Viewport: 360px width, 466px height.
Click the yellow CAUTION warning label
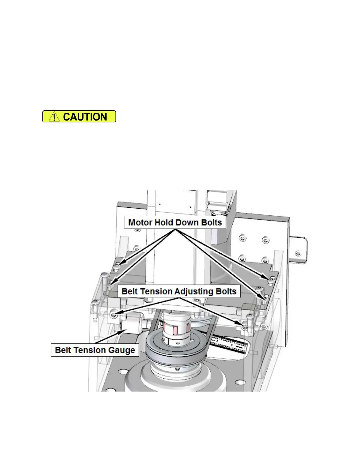tap(79, 116)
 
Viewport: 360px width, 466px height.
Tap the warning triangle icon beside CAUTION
tap(54, 117)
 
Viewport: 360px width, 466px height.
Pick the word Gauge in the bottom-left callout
tap(124, 350)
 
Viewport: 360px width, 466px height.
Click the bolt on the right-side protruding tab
tap(298, 253)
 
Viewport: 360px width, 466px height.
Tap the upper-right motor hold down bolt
tap(272, 278)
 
